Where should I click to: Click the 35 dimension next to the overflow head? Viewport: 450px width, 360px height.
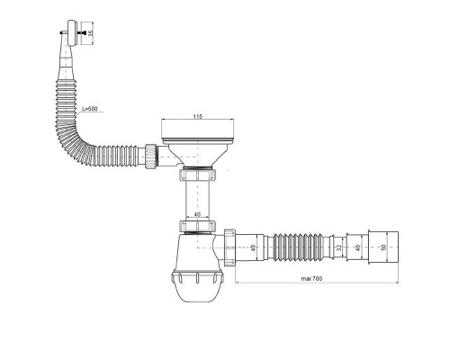click(x=91, y=33)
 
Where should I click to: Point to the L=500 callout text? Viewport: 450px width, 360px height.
click(x=90, y=109)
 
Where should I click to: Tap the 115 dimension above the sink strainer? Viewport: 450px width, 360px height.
click(x=197, y=117)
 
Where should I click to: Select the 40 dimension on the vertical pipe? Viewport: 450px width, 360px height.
click(x=197, y=214)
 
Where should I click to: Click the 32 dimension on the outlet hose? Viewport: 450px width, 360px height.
click(x=339, y=247)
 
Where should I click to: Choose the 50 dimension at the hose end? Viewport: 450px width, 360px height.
click(x=383, y=247)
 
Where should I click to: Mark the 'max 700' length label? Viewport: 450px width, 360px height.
click(x=311, y=279)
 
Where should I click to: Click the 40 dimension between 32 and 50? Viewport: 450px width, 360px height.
click(x=357, y=247)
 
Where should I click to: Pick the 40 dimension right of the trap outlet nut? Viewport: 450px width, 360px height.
click(x=254, y=247)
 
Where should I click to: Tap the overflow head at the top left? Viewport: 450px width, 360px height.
click(x=72, y=33)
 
